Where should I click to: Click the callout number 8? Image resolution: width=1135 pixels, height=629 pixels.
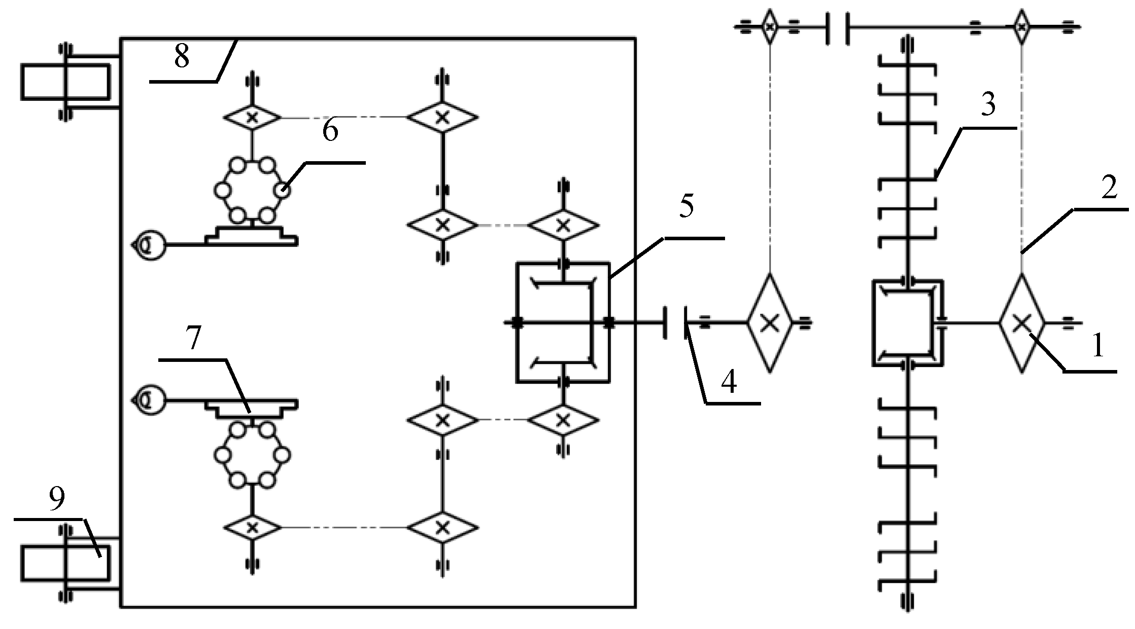click(x=181, y=56)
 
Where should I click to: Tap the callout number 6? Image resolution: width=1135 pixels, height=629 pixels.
click(x=330, y=131)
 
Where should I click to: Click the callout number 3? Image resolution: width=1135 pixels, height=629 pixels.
click(x=987, y=105)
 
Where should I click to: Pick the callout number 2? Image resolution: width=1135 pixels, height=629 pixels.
click(x=1109, y=189)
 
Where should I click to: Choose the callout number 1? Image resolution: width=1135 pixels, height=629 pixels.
click(x=1097, y=347)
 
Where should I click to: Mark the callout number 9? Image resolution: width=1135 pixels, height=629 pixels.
click(x=57, y=499)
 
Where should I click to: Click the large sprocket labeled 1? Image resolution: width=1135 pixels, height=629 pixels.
click(x=1021, y=322)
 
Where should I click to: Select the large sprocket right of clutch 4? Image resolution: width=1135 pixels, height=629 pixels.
click(x=770, y=323)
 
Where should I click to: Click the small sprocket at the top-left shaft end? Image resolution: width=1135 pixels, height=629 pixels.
click(x=770, y=26)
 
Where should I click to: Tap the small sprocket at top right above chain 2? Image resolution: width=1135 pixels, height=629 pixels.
click(x=1021, y=26)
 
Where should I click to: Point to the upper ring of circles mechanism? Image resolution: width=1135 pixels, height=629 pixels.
click(x=252, y=191)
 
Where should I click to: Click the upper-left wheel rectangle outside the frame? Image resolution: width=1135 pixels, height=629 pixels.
click(x=65, y=82)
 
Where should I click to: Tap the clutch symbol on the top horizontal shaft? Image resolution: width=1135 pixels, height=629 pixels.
click(x=838, y=27)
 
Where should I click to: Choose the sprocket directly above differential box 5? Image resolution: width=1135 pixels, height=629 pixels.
click(x=562, y=225)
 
